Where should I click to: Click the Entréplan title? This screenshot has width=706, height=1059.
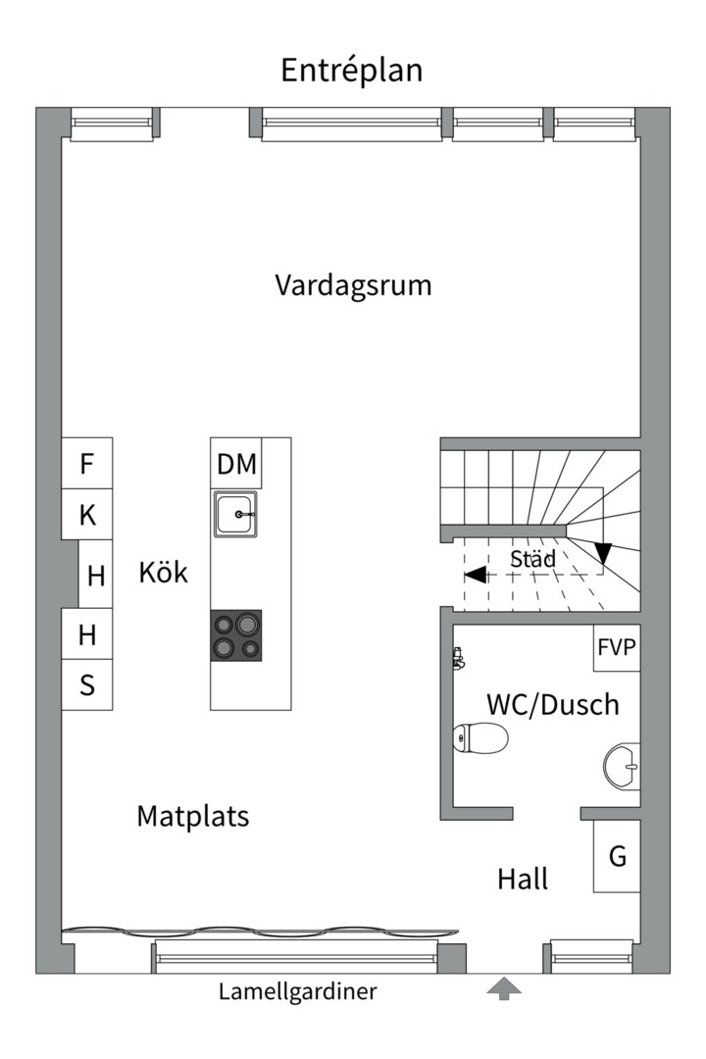point(352,71)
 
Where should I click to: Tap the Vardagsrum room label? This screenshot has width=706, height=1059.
point(353,286)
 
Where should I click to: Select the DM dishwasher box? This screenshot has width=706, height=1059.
point(236,464)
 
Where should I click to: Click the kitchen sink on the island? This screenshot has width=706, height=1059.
point(236,514)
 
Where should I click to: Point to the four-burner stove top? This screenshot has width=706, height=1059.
point(236,634)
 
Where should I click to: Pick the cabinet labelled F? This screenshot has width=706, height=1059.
point(87,463)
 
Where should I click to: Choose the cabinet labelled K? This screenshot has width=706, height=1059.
point(87,515)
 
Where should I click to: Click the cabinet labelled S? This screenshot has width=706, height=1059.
point(87,684)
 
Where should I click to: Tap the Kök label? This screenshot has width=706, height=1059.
point(163,573)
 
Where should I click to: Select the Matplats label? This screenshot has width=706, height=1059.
point(193,816)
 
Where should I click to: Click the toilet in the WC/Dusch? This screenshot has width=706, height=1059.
point(480,737)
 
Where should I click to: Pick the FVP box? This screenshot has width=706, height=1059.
point(617,647)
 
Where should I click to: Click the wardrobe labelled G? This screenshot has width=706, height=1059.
point(617,856)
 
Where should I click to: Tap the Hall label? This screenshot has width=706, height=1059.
point(523,879)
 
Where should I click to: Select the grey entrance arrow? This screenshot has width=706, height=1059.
point(504,988)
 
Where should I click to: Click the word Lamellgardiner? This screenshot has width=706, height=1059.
point(297,991)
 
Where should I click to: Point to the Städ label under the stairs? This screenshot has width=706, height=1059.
point(532,560)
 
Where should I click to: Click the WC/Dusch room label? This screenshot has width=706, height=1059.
point(553,704)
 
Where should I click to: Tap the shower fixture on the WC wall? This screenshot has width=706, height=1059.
point(458,658)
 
